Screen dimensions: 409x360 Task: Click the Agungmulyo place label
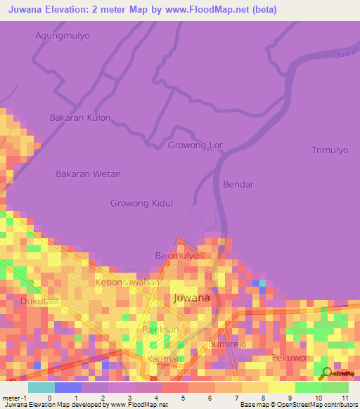pos(63,34)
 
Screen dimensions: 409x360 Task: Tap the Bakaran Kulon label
pos(79,117)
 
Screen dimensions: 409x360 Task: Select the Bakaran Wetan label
pos(88,174)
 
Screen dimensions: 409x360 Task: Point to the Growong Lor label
pos(195,145)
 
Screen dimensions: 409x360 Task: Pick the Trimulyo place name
pos(330,150)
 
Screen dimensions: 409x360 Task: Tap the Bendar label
pos(238,185)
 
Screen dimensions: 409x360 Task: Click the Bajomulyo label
pos(176,256)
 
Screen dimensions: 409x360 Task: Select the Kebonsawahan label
pos(127,282)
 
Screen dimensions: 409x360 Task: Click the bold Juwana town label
pos(191,298)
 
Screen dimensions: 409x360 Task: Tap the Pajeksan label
pos(161,328)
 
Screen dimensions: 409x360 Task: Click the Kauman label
pos(165,358)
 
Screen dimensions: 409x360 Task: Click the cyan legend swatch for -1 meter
pos(41,387)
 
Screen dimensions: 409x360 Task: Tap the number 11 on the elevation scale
pos(345,398)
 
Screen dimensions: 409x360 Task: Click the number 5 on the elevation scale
pos(183,398)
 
